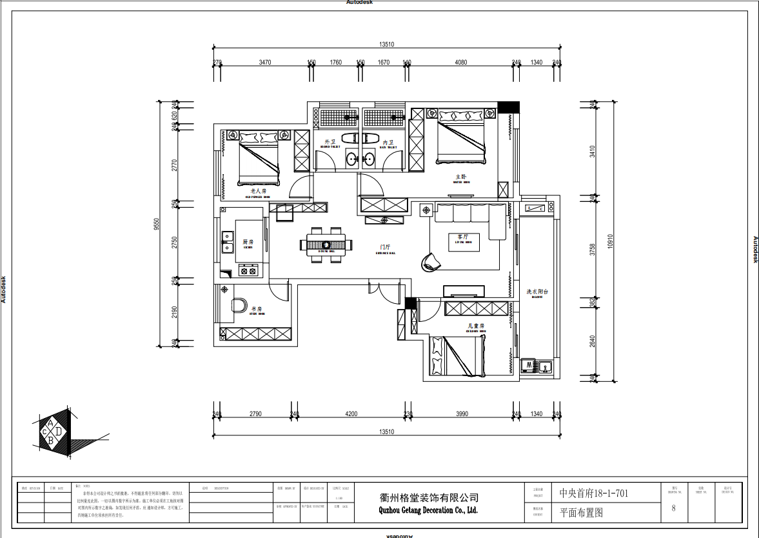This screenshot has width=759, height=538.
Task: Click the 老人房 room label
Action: pyautogui.click(x=257, y=191)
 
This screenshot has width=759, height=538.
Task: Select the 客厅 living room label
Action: pyautogui.click(x=464, y=237)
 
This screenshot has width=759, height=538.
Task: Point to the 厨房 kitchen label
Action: pyautogui.click(x=248, y=243)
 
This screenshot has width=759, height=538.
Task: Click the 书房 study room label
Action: pyautogui.click(x=256, y=309)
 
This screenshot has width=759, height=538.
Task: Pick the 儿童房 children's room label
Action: pyautogui.click(x=476, y=326)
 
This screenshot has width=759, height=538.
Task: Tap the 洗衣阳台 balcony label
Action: pyautogui.click(x=537, y=292)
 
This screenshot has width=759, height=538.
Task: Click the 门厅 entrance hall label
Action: pyautogui.click(x=386, y=247)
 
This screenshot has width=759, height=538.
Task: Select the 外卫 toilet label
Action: pyautogui.click(x=330, y=142)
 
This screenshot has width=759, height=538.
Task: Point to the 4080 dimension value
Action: pyautogui.click(x=460, y=63)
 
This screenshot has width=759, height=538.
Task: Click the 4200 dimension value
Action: pyautogui.click(x=351, y=414)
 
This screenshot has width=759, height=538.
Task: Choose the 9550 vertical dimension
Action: pyautogui.click(x=157, y=224)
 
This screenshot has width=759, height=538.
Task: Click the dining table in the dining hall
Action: pyautogui.click(x=326, y=244)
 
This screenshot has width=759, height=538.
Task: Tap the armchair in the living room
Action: pyautogui.click(x=431, y=261)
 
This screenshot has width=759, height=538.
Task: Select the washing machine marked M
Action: pyautogui.click(x=529, y=366)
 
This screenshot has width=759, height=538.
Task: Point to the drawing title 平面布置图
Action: pyautogui.click(x=581, y=513)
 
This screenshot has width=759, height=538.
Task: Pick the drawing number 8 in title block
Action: pyautogui.click(x=673, y=508)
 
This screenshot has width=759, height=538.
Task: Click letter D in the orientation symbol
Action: pyautogui.click(x=59, y=430)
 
